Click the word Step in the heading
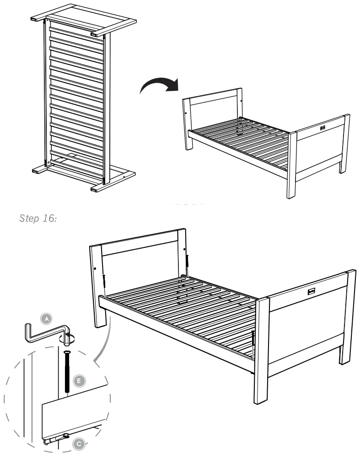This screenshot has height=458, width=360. (28, 218)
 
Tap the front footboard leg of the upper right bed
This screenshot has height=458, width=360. (291, 165)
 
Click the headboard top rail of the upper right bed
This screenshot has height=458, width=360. (212, 94)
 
